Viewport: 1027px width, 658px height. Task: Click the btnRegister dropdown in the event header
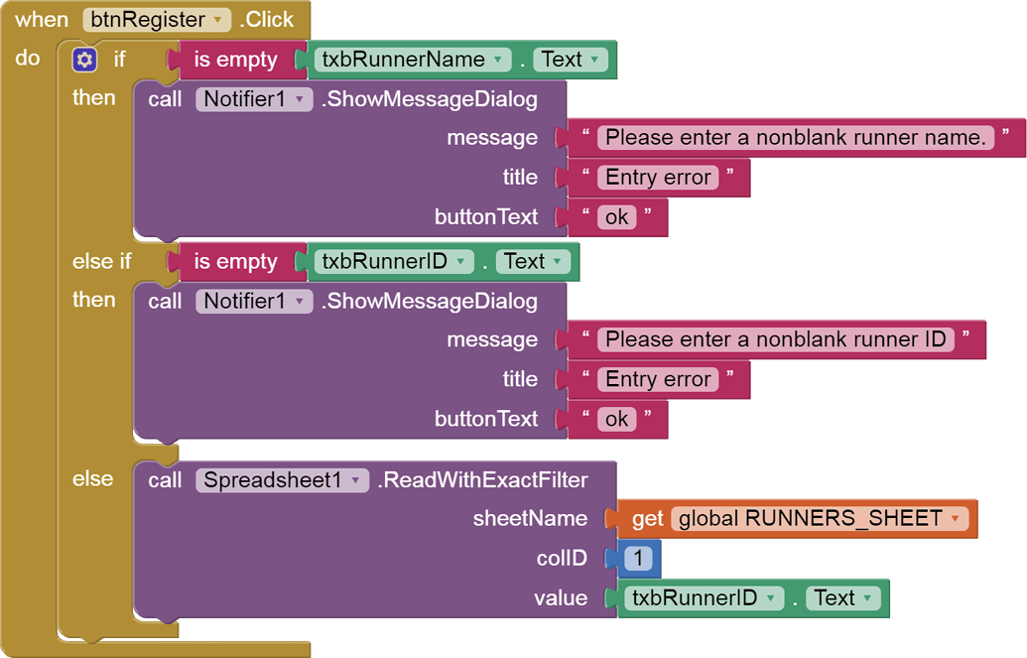(x=157, y=20)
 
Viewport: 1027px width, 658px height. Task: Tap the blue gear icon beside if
(x=84, y=61)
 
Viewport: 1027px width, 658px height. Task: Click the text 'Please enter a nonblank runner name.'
(x=796, y=138)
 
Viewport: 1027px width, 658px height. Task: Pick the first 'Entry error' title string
(x=658, y=178)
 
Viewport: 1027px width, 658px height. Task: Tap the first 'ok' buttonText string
(x=616, y=217)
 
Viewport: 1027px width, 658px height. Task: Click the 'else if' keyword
(x=101, y=262)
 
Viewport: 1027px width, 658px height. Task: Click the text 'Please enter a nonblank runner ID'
(x=776, y=339)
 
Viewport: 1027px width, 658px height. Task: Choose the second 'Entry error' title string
(x=658, y=379)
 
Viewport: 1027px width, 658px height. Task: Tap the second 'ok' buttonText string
(x=616, y=419)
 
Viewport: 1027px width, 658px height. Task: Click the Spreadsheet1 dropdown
(x=283, y=480)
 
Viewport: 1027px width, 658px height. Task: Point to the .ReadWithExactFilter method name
(x=483, y=480)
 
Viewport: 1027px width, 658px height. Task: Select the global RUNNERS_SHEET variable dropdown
(x=819, y=519)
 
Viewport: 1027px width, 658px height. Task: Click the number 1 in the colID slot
(x=638, y=559)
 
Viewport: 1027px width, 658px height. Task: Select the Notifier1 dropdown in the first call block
(x=254, y=99)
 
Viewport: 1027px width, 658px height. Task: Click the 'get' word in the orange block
(x=648, y=519)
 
